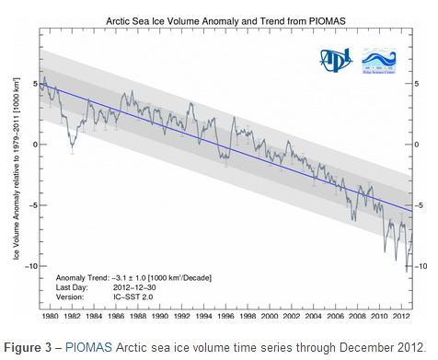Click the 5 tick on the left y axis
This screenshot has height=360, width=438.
[34, 84]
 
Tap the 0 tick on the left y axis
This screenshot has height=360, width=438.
[34, 145]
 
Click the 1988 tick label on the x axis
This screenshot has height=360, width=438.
[135, 316]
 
